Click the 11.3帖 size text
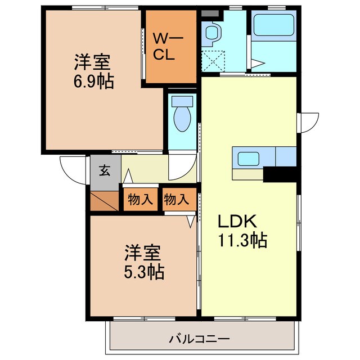point(242,241)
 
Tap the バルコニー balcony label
point(199,339)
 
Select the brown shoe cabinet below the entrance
point(103,201)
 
